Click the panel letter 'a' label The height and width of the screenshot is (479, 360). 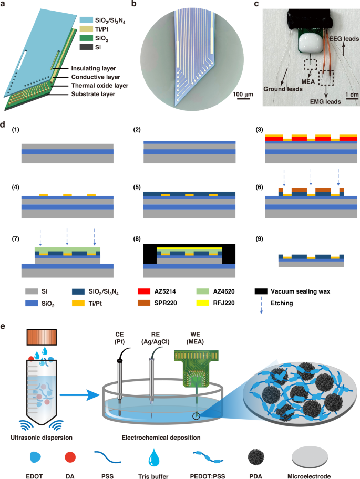(x=4, y=5)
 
